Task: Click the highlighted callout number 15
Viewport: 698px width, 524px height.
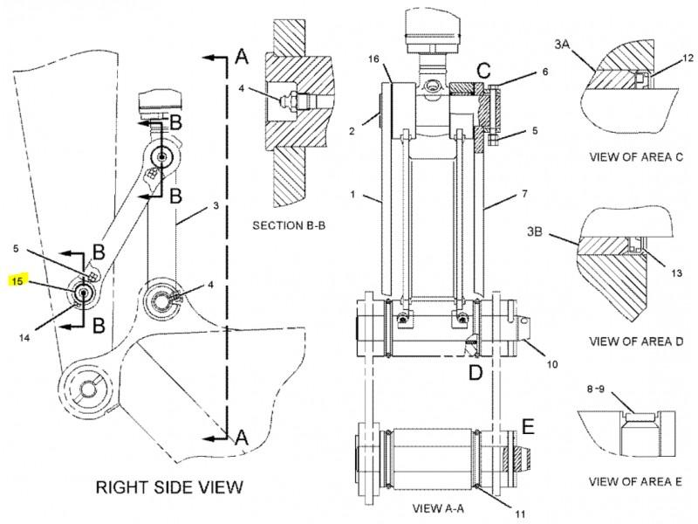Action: pos(17,281)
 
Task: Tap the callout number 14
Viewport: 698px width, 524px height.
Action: pos(25,338)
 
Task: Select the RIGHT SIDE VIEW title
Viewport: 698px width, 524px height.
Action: pos(169,487)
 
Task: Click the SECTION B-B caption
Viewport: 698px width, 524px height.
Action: pos(289,225)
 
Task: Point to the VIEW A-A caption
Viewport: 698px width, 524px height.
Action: pos(438,508)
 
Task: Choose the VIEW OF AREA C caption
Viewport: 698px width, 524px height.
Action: pos(636,157)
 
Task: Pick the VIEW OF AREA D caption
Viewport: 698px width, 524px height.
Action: pos(636,341)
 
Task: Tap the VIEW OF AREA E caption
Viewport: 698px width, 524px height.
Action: pos(635,482)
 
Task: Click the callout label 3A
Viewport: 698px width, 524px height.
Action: pos(563,45)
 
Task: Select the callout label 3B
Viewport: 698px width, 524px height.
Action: pos(535,231)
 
